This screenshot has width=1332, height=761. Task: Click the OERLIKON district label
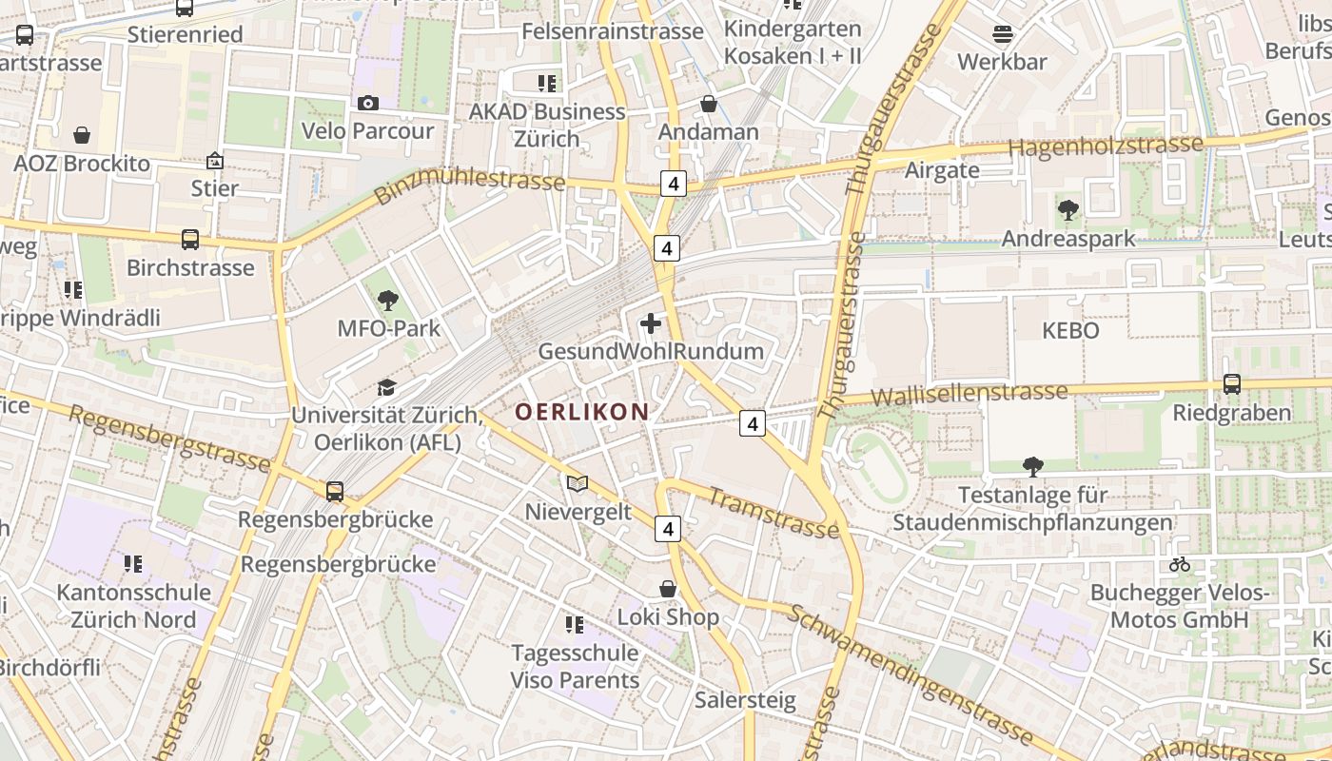pyautogui.click(x=582, y=412)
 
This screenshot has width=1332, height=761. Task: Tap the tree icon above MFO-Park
pyautogui.click(x=387, y=302)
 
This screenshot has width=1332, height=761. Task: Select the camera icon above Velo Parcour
pyautogui.click(x=367, y=103)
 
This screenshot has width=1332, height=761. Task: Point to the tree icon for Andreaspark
pyautogui.click(x=1068, y=209)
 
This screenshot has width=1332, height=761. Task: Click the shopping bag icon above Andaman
pyautogui.click(x=708, y=104)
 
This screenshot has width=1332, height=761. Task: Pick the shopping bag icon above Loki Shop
pyautogui.click(x=668, y=589)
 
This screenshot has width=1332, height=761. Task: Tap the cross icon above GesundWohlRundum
pyautogui.click(x=651, y=323)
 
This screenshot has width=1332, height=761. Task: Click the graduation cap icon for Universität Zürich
pyautogui.click(x=386, y=387)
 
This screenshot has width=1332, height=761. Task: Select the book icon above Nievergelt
pyautogui.click(x=578, y=483)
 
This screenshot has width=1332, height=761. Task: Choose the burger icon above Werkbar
pyautogui.click(x=1002, y=35)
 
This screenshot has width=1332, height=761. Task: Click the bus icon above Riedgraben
pyautogui.click(x=1232, y=384)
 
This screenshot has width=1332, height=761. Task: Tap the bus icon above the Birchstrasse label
pyautogui.click(x=190, y=240)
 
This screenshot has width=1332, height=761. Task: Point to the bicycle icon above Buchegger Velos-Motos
pyautogui.click(x=1180, y=564)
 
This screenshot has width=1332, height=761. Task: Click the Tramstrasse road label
pyautogui.click(x=774, y=513)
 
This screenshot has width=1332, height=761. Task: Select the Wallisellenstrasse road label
pyautogui.click(x=970, y=394)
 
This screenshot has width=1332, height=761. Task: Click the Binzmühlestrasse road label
pyautogui.click(x=469, y=183)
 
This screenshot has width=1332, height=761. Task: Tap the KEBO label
pyautogui.click(x=1070, y=331)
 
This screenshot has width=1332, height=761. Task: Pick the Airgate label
pyautogui.click(x=942, y=170)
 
